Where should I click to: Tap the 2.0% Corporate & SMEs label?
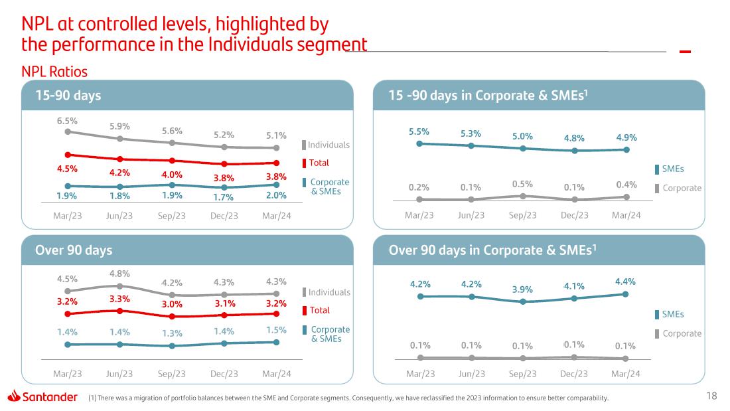276,195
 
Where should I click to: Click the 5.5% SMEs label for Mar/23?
419,131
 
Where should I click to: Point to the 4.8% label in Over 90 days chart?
119,273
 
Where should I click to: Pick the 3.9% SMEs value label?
523,289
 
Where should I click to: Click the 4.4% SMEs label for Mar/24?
625,282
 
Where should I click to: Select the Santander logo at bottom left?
42,396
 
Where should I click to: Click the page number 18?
711,396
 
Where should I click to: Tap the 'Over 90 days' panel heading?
74,250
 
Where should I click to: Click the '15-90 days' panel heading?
68,96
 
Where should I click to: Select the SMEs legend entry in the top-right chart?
672,169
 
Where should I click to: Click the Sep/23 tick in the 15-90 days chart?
172,216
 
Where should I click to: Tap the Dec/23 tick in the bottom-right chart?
574,374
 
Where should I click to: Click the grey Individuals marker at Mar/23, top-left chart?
68,131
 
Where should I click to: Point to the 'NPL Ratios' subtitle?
54,71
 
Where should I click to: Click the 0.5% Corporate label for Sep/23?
523,183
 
